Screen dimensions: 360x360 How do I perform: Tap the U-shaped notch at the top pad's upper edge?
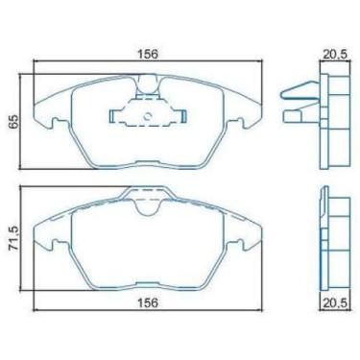pyautogui.click(x=147, y=88)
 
